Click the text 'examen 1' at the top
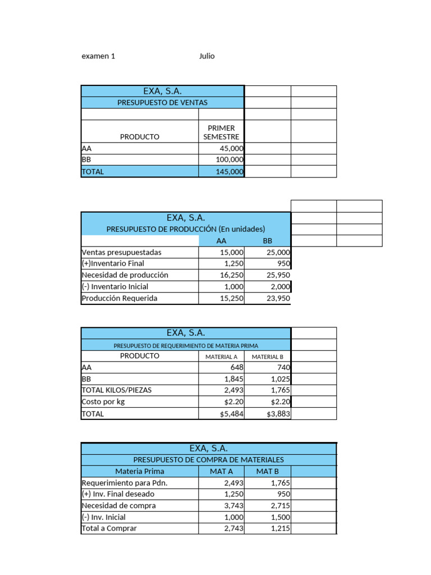[98, 56]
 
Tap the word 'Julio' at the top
[207, 56]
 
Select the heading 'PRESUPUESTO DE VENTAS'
[162, 103]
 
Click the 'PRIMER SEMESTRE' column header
[221, 132]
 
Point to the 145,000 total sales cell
[230, 172]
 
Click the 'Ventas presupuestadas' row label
[121, 253]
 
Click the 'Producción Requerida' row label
[120, 299]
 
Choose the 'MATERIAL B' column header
[268, 357]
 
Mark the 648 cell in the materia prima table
[237, 367]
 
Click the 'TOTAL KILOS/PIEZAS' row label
[117, 390]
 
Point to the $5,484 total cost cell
[232, 414]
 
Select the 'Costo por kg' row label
[104, 402]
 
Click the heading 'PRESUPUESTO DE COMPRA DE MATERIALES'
[208, 460]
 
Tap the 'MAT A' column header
[221, 472]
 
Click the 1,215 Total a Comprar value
[278, 528]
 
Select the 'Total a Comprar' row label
[109, 528]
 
